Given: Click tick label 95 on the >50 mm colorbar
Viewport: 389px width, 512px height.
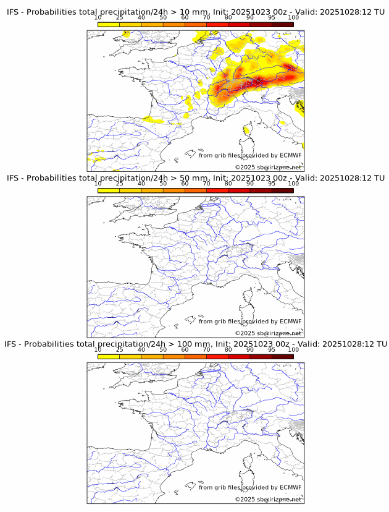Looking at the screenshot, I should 272,184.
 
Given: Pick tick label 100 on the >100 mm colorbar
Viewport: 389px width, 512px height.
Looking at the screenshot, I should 293,349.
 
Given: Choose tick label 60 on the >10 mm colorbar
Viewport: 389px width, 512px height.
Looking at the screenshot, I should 185,18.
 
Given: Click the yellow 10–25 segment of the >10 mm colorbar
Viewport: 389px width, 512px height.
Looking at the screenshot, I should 108,24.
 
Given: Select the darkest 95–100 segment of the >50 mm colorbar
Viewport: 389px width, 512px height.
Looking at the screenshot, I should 283,190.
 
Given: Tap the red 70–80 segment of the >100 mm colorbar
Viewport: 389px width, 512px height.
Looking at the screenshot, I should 217,356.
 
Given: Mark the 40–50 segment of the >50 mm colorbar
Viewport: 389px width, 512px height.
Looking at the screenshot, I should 152,190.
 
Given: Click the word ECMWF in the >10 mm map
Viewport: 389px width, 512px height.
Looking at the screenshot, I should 290,155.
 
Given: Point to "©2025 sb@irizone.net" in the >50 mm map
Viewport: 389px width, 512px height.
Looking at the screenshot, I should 268,333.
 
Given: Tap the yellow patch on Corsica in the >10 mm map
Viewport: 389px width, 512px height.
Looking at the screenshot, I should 248,130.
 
